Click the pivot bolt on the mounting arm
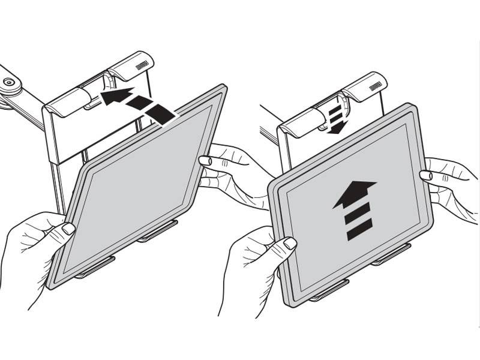[8, 83]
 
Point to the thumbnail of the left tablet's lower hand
[68, 229]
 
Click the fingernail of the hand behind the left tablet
[205, 161]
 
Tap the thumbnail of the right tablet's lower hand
[290, 243]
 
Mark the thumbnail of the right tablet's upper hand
[426, 175]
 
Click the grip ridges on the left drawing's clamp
[142, 64]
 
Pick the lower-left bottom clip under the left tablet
[94, 271]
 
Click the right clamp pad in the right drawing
[366, 86]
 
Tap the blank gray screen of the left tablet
[138, 186]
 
